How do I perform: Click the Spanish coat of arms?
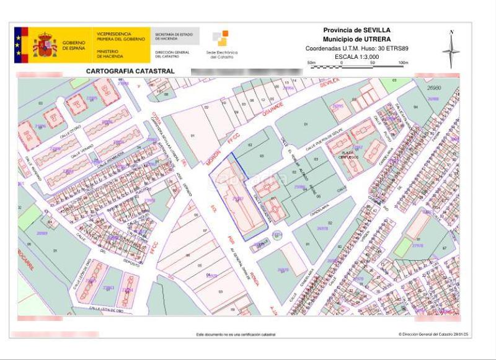[45, 45]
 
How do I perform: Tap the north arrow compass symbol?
[451, 48]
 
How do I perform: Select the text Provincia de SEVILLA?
[356, 30]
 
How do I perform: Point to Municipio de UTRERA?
[356, 39]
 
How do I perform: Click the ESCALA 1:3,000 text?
[356, 56]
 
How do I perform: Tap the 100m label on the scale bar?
[403, 63]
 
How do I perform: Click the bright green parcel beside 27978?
[402, 247]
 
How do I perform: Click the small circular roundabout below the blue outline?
[277, 235]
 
